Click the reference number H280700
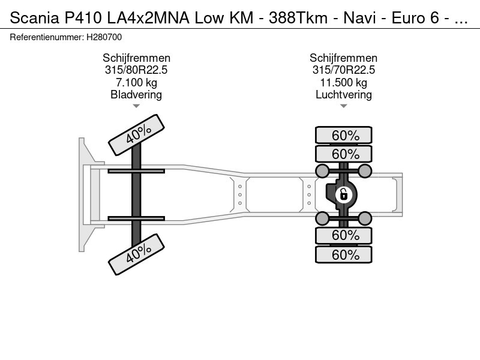(104, 37)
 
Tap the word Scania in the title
(34, 18)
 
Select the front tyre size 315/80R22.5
(136, 70)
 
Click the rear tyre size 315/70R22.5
(343, 70)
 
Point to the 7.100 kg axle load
(136, 82)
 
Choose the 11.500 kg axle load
(343, 82)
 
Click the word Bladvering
(136, 95)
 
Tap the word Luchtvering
(343, 95)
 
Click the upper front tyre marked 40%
(137, 135)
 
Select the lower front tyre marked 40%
(137, 254)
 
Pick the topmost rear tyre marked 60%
(344, 135)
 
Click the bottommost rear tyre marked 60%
(344, 254)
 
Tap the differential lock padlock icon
(343, 194)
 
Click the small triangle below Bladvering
(136, 106)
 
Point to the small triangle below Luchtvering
(343, 106)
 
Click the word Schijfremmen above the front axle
(136, 58)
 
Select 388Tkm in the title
(298, 18)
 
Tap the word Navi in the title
(359, 18)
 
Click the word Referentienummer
(47, 37)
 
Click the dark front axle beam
(136, 194)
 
